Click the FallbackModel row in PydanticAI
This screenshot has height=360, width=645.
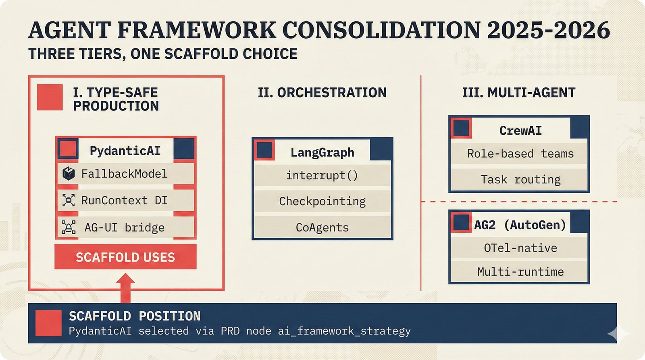tap(125, 174)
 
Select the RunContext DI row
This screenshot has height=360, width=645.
tap(125, 200)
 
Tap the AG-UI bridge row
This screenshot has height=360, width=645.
tap(125, 227)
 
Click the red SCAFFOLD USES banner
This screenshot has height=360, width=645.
tap(125, 257)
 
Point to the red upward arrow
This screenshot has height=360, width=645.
tap(125, 287)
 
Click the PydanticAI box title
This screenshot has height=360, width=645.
tap(125, 151)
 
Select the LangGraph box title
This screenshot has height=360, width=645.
tap(322, 152)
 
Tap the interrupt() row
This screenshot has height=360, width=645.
tap(322, 175)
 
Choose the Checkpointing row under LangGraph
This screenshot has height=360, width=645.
tap(322, 201)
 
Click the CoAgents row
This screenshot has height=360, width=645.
tap(322, 227)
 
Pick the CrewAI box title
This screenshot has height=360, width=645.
tap(520, 131)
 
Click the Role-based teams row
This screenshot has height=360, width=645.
tap(520, 154)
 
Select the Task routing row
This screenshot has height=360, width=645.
tap(520, 179)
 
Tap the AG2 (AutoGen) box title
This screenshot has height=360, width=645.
tap(520, 225)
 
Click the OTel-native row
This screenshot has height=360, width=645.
tap(520, 248)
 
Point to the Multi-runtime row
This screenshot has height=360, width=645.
tap(520, 272)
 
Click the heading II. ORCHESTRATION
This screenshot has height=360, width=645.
tap(322, 93)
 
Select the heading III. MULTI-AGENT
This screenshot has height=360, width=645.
tap(518, 93)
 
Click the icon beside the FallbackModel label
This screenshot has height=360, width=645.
tap(69, 174)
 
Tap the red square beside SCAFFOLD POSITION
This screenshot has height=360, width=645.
tap(48, 323)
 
